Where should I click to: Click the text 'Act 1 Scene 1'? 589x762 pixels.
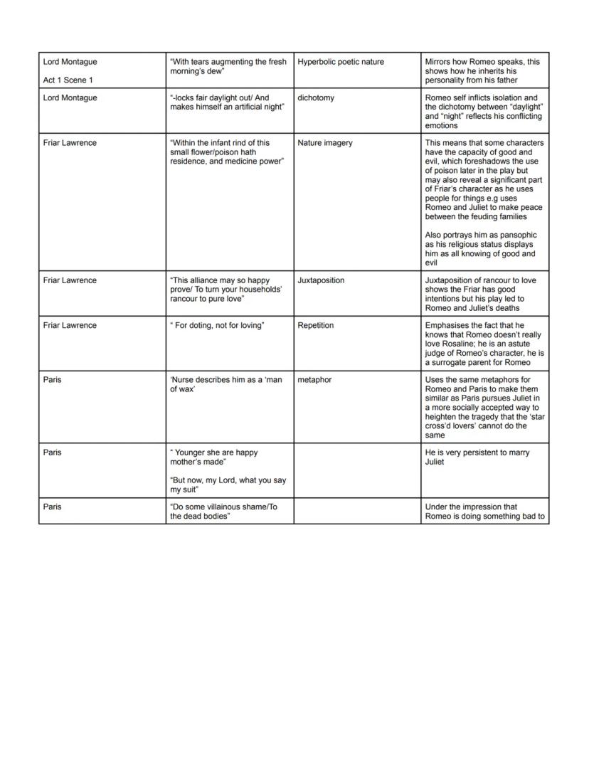pos(68,80)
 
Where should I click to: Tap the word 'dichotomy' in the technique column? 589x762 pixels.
pos(316,97)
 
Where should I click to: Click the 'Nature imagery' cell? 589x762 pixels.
pos(324,143)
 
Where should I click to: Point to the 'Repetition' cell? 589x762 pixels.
pos(316,325)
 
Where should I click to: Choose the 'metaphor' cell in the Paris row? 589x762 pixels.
pos(314,380)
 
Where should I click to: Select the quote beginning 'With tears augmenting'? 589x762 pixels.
pos(228,67)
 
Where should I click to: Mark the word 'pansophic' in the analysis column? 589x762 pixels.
pos(519,235)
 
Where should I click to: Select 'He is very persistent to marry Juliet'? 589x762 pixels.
pos(477,457)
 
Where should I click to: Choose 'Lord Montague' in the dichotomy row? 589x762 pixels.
pos(70,97)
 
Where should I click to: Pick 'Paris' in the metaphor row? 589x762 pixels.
pos(52,380)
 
